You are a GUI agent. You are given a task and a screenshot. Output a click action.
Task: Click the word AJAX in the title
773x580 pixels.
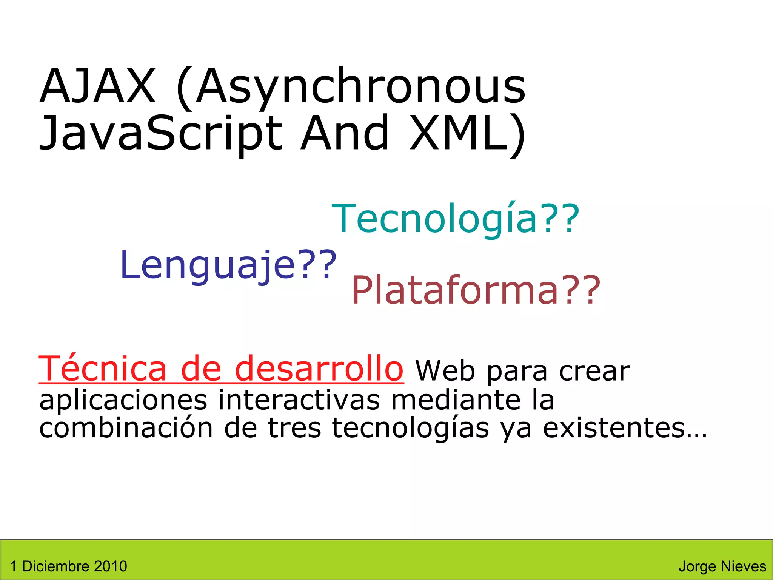(97, 86)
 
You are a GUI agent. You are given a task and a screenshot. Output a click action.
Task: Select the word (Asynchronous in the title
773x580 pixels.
(350, 88)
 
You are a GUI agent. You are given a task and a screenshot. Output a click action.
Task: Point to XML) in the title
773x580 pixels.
(467, 133)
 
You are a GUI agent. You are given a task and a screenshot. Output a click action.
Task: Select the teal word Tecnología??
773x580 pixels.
(455, 219)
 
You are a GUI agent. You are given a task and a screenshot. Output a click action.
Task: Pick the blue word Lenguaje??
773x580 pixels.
(228, 265)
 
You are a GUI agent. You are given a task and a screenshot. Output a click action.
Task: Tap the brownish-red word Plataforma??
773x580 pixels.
(476, 290)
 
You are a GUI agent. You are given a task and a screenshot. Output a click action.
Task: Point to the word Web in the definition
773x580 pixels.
(445, 371)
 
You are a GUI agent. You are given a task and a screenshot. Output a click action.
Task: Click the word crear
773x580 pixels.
(594, 371)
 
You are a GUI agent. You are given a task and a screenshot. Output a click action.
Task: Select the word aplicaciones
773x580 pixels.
(123, 400)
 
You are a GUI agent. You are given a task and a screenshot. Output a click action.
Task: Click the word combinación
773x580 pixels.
(126, 428)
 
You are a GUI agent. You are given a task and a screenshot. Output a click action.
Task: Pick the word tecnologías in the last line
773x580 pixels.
(410, 429)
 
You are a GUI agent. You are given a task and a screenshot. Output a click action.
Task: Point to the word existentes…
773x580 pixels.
(625, 428)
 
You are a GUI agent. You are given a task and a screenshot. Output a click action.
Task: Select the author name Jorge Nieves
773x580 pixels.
(722, 566)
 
